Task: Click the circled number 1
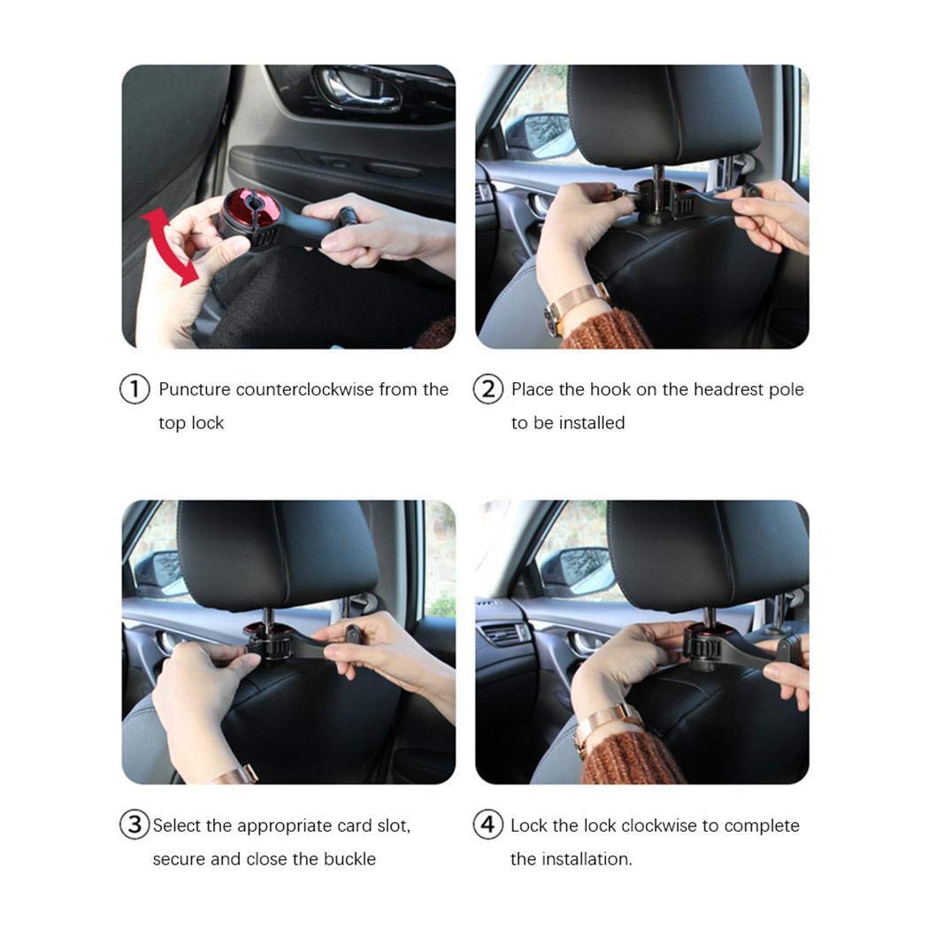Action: tap(134, 389)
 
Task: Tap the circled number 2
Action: tap(488, 389)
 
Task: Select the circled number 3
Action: tap(134, 825)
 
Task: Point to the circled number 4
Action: tap(488, 825)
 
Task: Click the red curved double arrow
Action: tap(171, 246)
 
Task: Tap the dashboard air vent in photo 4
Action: tap(504, 633)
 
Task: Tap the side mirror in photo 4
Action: tap(576, 571)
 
